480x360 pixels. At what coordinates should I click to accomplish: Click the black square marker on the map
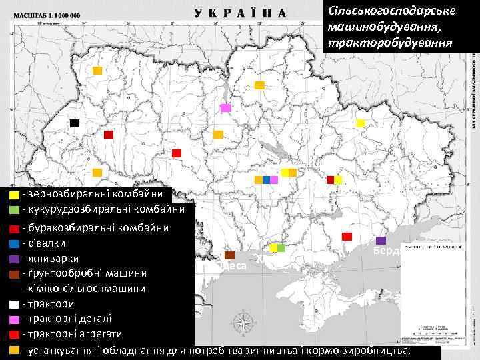[x=75, y=123]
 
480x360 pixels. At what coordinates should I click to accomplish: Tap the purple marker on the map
[x=381, y=241]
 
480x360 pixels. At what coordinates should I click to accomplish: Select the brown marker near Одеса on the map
[x=230, y=255]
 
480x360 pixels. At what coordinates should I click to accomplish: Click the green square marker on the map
[x=281, y=248]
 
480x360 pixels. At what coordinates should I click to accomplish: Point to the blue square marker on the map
[x=266, y=180]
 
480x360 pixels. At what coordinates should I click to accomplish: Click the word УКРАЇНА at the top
[x=240, y=13]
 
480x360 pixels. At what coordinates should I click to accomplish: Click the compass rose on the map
[x=245, y=324]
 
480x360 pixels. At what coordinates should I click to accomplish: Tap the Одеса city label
[x=233, y=266]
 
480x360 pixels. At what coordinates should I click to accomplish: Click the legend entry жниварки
[x=53, y=258]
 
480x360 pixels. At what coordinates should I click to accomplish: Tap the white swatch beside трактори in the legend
[x=13, y=305]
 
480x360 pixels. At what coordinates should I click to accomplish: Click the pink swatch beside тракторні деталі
[x=13, y=319]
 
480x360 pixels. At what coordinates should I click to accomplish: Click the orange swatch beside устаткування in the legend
[x=13, y=350]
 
